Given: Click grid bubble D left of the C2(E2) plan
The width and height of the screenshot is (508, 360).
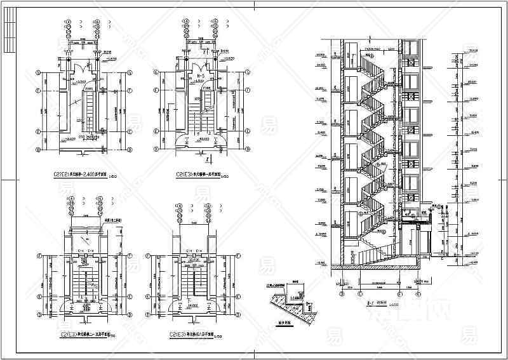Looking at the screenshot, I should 39,150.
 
